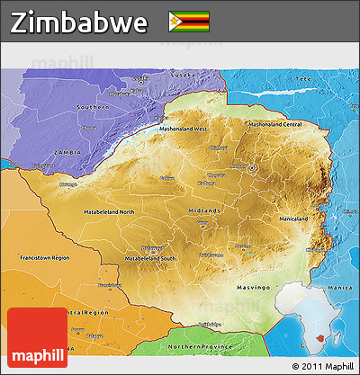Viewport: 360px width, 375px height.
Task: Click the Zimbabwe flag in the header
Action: pyautogui.click(x=188, y=21)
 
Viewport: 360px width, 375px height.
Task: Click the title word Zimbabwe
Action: pyautogui.click(x=79, y=22)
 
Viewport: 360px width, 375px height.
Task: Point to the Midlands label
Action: pyautogui.click(x=205, y=210)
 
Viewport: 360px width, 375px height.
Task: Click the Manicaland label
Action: pyautogui.click(x=293, y=219)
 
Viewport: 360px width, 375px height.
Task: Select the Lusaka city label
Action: pyautogui.click(x=158, y=76)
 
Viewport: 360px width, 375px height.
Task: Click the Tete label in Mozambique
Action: pyautogui.click(x=302, y=79)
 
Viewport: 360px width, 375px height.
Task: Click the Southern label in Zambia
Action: pyautogui.click(x=93, y=107)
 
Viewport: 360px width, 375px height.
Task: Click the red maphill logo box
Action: pyautogui.click(x=37, y=337)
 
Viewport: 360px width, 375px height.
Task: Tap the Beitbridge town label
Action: pyautogui.click(x=209, y=325)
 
